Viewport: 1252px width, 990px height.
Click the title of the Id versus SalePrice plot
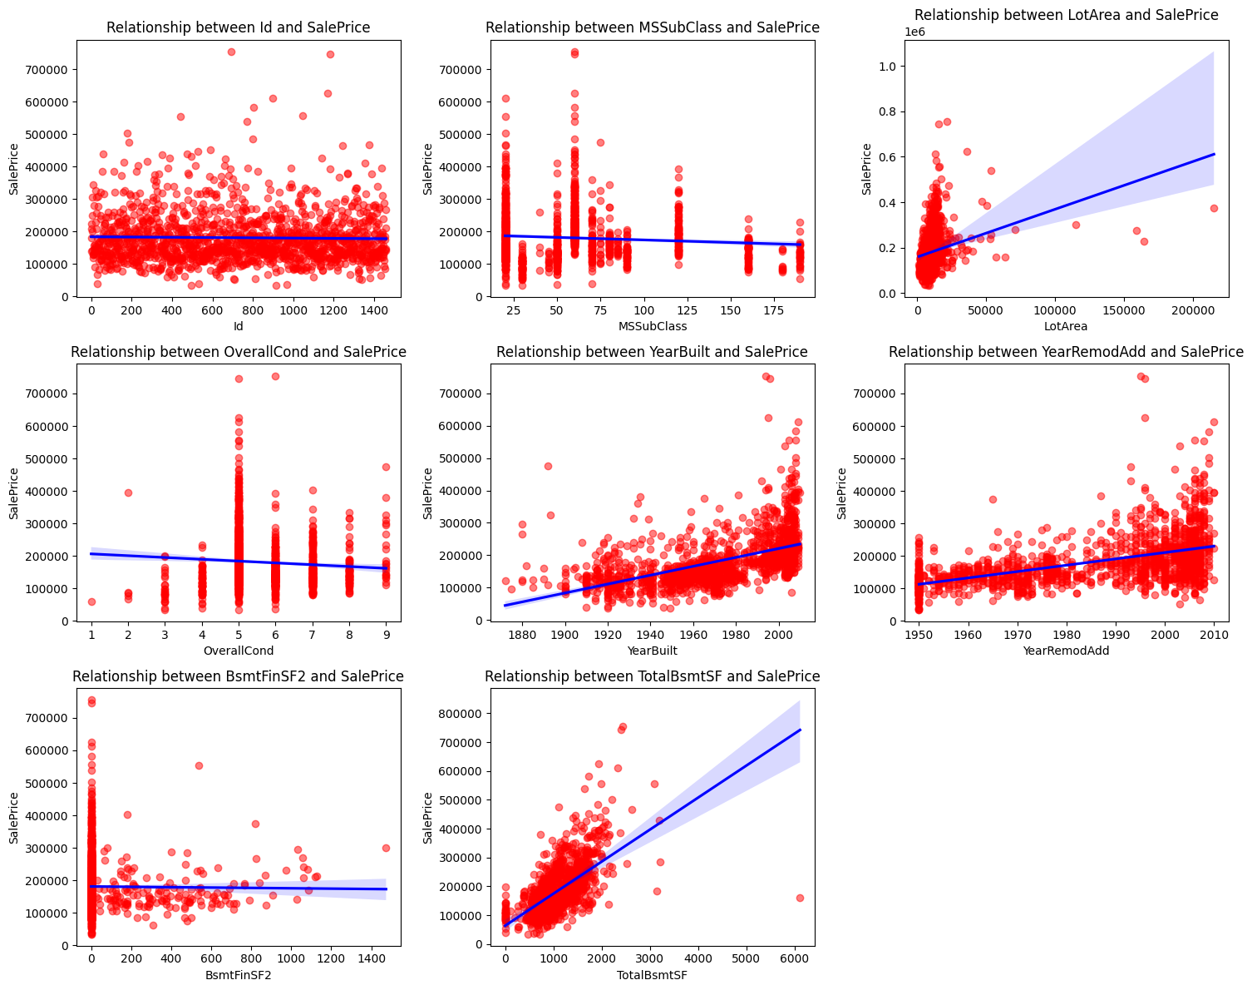click(239, 27)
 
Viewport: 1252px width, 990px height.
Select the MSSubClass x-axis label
click(653, 326)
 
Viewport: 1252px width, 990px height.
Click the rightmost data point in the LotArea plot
click(1214, 208)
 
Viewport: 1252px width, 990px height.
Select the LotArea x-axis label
click(1066, 326)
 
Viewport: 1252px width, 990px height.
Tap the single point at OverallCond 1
click(91, 601)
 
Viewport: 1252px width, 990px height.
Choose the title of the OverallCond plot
click(239, 352)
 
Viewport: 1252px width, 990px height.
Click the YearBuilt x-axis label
click(653, 651)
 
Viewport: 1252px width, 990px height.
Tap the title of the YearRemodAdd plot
click(1066, 352)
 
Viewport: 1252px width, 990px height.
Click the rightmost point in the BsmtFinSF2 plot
click(386, 848)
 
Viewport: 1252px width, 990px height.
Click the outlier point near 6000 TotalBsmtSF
click(800, 898)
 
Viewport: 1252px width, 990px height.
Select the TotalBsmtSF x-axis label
click(653, 975)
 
